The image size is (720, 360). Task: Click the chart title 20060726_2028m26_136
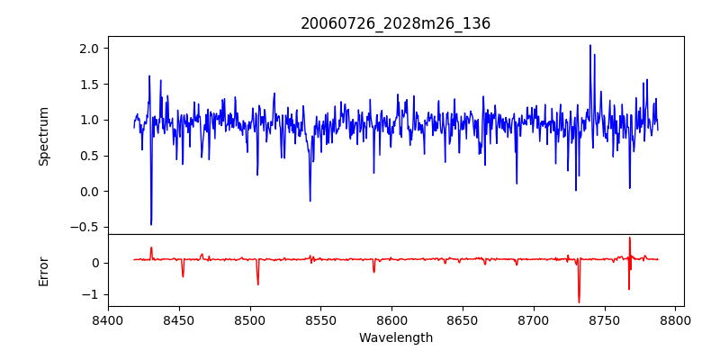(395, 23)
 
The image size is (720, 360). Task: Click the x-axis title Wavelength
(395, 337)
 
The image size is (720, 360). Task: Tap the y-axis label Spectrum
(43, 136)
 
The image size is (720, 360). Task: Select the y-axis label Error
(43, 271)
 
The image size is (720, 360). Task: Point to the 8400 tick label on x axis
(108, 319)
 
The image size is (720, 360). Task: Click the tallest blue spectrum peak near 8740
(590, 45)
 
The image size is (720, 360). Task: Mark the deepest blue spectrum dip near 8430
(151, 224)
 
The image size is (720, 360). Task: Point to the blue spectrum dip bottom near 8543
(310, 201)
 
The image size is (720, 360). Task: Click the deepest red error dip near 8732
(579, 302)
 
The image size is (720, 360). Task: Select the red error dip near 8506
(258, 284)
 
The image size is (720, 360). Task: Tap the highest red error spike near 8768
(630, 238)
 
